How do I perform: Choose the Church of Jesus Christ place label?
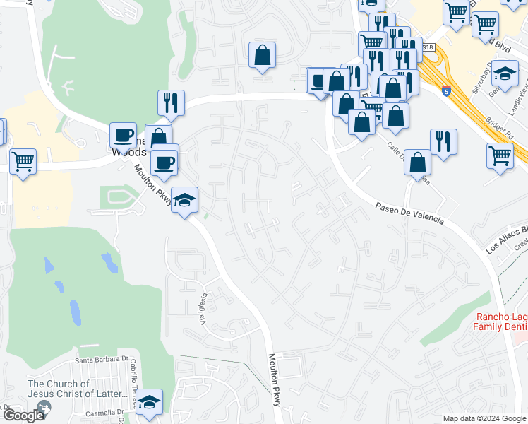(x=64, y=389)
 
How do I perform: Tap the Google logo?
(x=23, y=416)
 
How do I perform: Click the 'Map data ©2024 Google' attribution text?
(x=484, y=418)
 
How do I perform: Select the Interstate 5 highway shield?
(x=445, y=91)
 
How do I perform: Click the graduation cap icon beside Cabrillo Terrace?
(x=149, y=401)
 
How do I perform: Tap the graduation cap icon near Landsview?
(x=505, y=73)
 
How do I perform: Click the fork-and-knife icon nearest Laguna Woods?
(x=171, y=102)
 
